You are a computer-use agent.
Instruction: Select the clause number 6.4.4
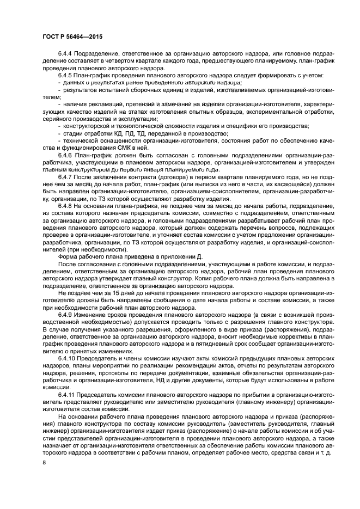pos(65,55)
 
